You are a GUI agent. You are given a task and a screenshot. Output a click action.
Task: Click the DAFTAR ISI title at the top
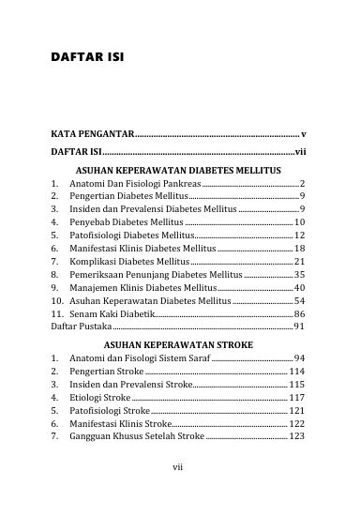click(87, 57)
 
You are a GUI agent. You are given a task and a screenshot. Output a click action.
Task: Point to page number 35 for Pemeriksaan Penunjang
click(299, 273)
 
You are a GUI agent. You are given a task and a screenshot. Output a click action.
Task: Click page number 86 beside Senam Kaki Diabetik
click(299, 312)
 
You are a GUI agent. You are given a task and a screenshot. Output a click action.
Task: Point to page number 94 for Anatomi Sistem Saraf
click(299, 357)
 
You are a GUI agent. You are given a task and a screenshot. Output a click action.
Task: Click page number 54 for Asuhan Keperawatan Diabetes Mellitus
click(299, 299)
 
